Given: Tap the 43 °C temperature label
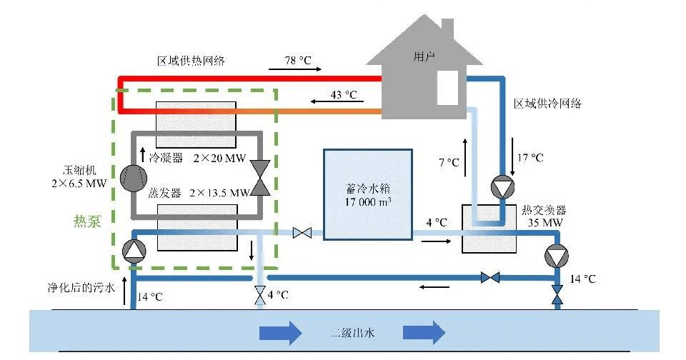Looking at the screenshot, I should (x=343, y=94).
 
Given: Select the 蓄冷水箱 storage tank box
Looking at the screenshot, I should (x=367, y=194).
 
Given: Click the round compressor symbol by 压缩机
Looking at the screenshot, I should (x=132, y=179).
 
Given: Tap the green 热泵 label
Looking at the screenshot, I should (x=87, y=221).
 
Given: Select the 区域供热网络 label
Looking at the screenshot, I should (x=191, y=61).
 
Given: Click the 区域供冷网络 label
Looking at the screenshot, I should (x=547, y=104).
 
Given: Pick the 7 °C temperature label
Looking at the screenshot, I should (x=448, y=163).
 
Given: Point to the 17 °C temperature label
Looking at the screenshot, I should (x=530, y=158).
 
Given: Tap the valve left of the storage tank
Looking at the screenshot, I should (x=302, y=232).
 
